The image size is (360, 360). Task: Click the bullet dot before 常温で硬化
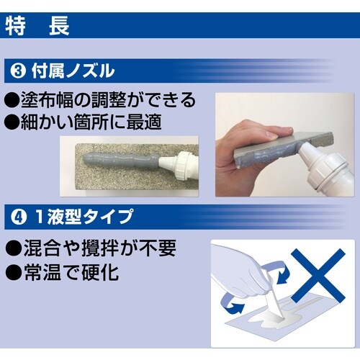coord(13,274)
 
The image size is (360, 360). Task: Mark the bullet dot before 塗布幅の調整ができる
coord(13,100)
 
